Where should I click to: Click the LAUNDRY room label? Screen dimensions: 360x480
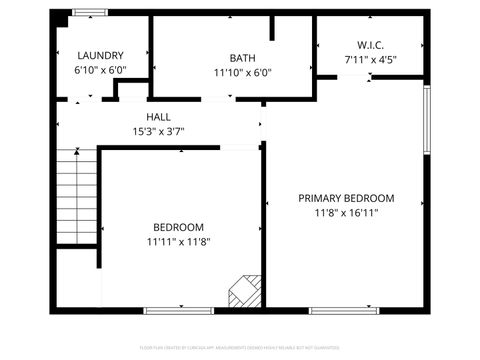pos(99,56)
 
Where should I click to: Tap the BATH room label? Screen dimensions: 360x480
pos(242,58)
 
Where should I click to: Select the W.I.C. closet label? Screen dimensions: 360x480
pos(371,45)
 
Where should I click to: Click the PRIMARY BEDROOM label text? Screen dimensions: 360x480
pos(346,198)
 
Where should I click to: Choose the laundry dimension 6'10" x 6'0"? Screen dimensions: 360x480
pos(99,71)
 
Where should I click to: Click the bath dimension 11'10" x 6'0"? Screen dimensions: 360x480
pos(242,72)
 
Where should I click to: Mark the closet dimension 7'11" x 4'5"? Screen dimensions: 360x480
pos(371,59)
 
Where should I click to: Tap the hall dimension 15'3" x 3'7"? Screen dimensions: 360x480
pos(158,131)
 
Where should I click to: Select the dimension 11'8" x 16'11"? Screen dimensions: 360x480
pos(346,212)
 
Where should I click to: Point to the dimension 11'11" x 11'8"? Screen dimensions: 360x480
pos(178,241)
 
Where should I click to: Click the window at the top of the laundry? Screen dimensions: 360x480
pos(90,12)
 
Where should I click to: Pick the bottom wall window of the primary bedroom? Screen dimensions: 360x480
pos(344,311)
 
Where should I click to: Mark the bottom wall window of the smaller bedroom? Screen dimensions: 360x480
pos(179,311)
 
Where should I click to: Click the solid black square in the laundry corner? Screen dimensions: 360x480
pos(60,19)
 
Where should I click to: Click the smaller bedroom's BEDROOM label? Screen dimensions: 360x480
pos(178,227)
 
